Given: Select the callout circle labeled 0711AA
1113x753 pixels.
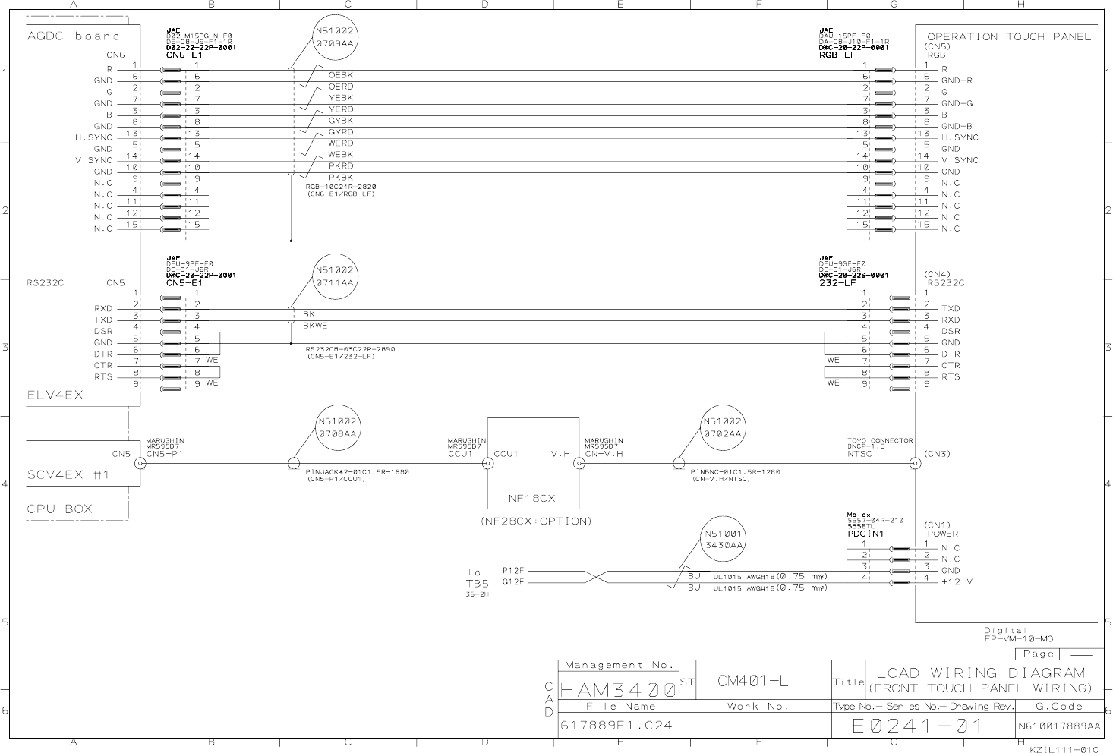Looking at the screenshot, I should tap(334, 276).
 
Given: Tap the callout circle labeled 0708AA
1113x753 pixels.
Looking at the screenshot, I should tap(337, 427).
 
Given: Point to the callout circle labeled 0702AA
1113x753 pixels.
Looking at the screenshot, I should tap(722, 427).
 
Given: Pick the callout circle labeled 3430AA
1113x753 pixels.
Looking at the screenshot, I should tap(724, 539).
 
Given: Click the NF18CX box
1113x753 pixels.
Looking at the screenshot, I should tap(532, 463).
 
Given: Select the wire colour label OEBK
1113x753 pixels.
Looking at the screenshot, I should tap(340, 75).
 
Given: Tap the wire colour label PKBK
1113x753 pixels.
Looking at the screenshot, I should tap(340, 178).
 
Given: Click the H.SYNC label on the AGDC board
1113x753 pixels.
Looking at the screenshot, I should tap(93, 137).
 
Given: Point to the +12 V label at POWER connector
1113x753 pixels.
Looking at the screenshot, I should tap(957, 582).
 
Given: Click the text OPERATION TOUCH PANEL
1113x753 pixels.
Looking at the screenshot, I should tap(1008, 36).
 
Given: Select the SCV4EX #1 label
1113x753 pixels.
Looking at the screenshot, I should tap(69, 475).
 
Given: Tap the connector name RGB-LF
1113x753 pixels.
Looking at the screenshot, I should tap(837, 55).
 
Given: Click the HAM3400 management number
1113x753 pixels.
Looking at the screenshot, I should tap(618, 691).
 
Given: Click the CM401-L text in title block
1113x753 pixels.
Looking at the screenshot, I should tap(752, 681).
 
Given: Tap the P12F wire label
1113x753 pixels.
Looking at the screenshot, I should tap(513, 570).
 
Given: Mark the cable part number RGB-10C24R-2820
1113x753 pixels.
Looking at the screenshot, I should tap(340, 187).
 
